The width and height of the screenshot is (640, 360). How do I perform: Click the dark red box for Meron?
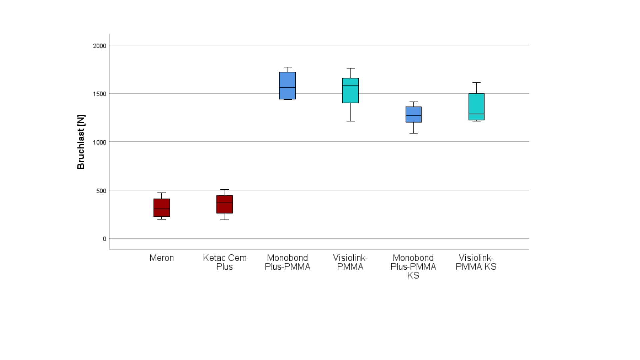pos(162,208)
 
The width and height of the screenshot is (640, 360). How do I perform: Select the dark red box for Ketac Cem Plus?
pos(225,204)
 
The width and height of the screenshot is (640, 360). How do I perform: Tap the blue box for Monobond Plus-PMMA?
pos(288,86)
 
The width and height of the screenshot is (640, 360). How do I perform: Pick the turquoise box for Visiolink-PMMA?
pos(350,91)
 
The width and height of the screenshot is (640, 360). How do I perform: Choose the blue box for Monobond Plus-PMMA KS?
pos(414,114)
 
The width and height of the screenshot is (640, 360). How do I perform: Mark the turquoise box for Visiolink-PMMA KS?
pos(476,107)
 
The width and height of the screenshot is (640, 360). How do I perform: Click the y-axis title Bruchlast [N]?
pos(81,142)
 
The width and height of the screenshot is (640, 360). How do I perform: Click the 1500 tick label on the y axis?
pos(100,94)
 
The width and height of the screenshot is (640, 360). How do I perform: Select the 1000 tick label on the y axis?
pos(100,142)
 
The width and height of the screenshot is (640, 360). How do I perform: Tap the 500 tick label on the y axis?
pos(101,191)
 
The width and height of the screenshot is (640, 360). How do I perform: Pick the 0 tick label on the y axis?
pos(105,239)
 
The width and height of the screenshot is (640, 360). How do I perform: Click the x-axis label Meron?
pos(162,258)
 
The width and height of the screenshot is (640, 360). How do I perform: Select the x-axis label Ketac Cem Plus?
pos(225,262)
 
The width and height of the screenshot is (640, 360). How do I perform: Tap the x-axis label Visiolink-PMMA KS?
pos(476,262)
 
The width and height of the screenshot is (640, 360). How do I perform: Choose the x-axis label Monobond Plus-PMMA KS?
pos(413,267)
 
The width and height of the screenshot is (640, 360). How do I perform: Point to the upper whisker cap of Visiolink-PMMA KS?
pos(476,82)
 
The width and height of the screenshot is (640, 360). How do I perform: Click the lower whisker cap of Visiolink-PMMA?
pos(350,121)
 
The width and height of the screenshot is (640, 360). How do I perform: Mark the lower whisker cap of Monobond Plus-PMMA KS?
pos(414,133)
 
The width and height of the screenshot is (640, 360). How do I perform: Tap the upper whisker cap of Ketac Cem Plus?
pos(225,190)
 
